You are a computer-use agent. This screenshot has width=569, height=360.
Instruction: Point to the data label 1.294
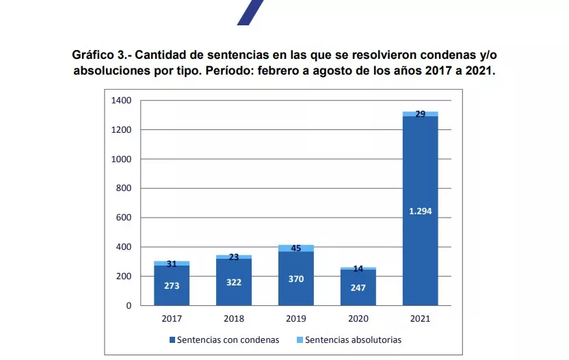(x=420, y=211)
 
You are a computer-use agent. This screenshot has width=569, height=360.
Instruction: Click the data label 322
(x=234, y=282)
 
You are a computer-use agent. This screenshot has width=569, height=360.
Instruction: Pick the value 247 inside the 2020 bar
(x=358, y=287)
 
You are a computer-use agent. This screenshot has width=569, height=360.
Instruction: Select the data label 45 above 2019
(x=296, y=248)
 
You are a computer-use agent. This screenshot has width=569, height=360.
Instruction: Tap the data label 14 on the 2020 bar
(x=358, y=269)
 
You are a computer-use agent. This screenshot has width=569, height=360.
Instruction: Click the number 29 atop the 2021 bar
(x=420, y=114)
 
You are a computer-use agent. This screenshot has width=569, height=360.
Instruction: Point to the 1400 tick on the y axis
(x=121, y=101)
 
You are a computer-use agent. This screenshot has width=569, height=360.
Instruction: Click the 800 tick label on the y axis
(x=123, y=188)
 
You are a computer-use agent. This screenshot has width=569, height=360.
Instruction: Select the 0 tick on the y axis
(x=128, y=306)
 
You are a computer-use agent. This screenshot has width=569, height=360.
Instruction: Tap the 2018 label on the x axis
(x=234, y=318)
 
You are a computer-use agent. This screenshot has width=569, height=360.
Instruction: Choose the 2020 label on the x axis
(x=358, y=318)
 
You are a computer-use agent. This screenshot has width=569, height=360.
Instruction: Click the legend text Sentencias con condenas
(x=228, y=339)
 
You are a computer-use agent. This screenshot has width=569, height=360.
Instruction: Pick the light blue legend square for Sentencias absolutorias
(x=299, y=339)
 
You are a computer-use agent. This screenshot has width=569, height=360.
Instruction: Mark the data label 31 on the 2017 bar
(x=172, y=264)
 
